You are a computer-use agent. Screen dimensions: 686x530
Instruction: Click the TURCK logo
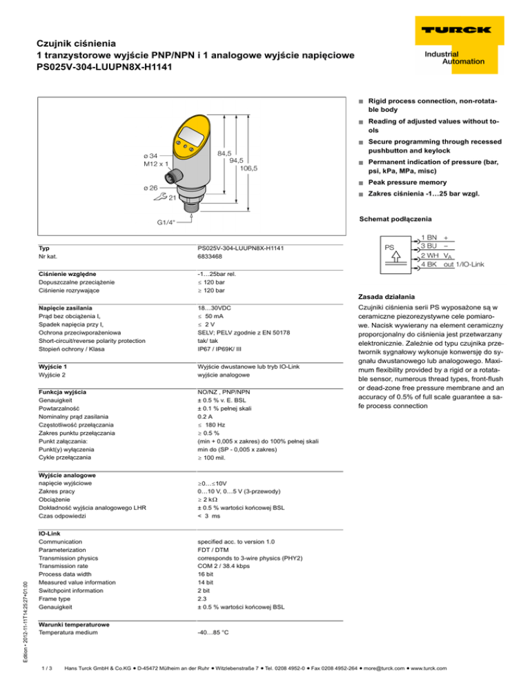(453, 31)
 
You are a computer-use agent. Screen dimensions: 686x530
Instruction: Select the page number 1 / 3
(47, 667)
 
